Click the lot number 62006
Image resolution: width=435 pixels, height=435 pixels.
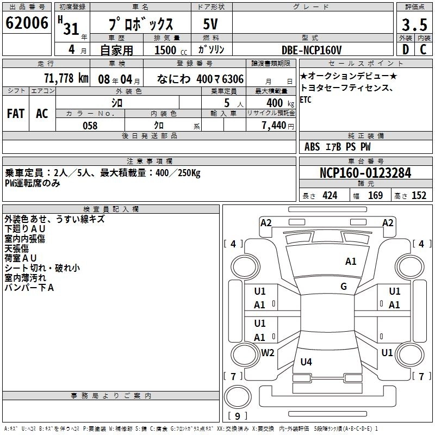pyautogui.click(x=27, y=23)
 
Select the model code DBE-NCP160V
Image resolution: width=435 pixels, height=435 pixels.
pyautogui.click(x=312, y=50)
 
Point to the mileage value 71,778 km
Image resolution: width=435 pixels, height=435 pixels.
pyautogui.click(x=66, y=78)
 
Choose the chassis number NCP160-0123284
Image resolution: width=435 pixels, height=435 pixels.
pyautogui.click(x=365, y=173)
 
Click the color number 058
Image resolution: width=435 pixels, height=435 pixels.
pyautogui.click(x=90, y=126)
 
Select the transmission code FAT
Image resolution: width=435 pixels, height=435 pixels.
pyautogui.click(x=15, y=113)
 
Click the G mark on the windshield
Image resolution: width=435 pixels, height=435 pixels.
pyautogui.click(x=343, y=286)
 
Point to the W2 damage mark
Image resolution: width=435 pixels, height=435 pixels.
pyautogui.click(x=268, y=352)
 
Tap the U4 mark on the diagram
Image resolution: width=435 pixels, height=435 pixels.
pyautogui.click(x=306, y=362)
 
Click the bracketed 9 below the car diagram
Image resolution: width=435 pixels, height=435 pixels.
pyautogui.click(x=237, y=416)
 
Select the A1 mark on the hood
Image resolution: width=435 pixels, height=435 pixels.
pyautogui.click(x=351, y=262)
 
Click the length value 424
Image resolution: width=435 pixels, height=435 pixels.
pyautogui.click(x=330, y=196)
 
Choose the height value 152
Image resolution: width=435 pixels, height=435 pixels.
pyautogui.click(x=418, y=196)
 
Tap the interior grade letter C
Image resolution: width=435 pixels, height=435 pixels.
pyautogui.click(x=423, y=50)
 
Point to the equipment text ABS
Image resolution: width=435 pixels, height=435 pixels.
pyautogui.click(x=312, y=147)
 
